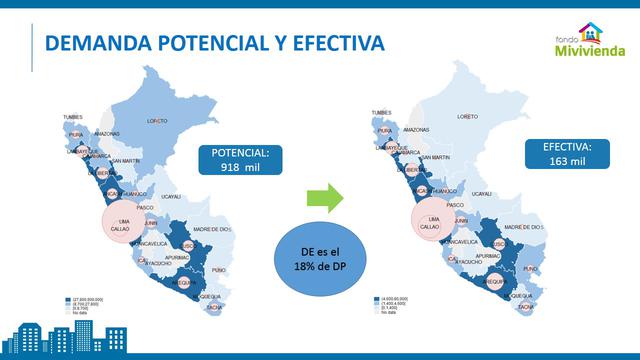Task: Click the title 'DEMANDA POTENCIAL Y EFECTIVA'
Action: pyautogui.click(x=216, y=43)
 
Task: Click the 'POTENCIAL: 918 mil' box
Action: pyautogui.click(x=240, y=160)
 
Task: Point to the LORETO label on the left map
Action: pyautogui.click(x=157, y=121)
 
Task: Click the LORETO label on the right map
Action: pyautogui.click(x=467, y=116)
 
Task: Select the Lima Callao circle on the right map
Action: pyautogui.click(x=431, y=222)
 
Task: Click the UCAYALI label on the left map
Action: pyautogui.click(x=171, y=197)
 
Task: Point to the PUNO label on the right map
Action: pyautogui.click(x=530, y=268)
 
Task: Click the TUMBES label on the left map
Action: pyautogui.click(x=73, y=116)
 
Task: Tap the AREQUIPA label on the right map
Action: pyautogui.click(x=495, y=282)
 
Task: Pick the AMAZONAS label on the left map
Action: pyautogui.click(x=107, y=133)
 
